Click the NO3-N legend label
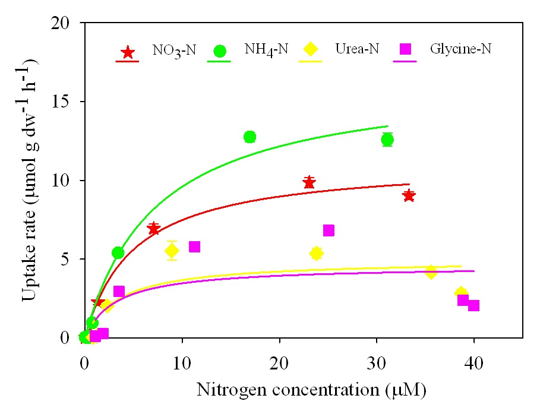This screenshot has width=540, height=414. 172,50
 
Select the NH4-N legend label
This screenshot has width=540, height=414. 266,50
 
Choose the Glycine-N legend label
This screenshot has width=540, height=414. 461,49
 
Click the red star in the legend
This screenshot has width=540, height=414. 127,52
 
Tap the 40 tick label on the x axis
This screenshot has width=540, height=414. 473,363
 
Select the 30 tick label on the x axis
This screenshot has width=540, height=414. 376,363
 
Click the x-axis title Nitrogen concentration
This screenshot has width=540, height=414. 312,390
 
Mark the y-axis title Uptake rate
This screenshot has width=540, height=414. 30,181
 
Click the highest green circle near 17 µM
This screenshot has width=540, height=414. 250,137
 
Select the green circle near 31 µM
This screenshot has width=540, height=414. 387,140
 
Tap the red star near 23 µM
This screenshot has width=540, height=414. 308,182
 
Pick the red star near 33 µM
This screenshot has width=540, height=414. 409,195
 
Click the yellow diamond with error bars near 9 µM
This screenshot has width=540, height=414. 172,251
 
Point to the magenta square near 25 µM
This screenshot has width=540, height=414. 329,230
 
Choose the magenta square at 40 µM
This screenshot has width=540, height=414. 473,306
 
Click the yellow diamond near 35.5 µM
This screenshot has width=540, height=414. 431,272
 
